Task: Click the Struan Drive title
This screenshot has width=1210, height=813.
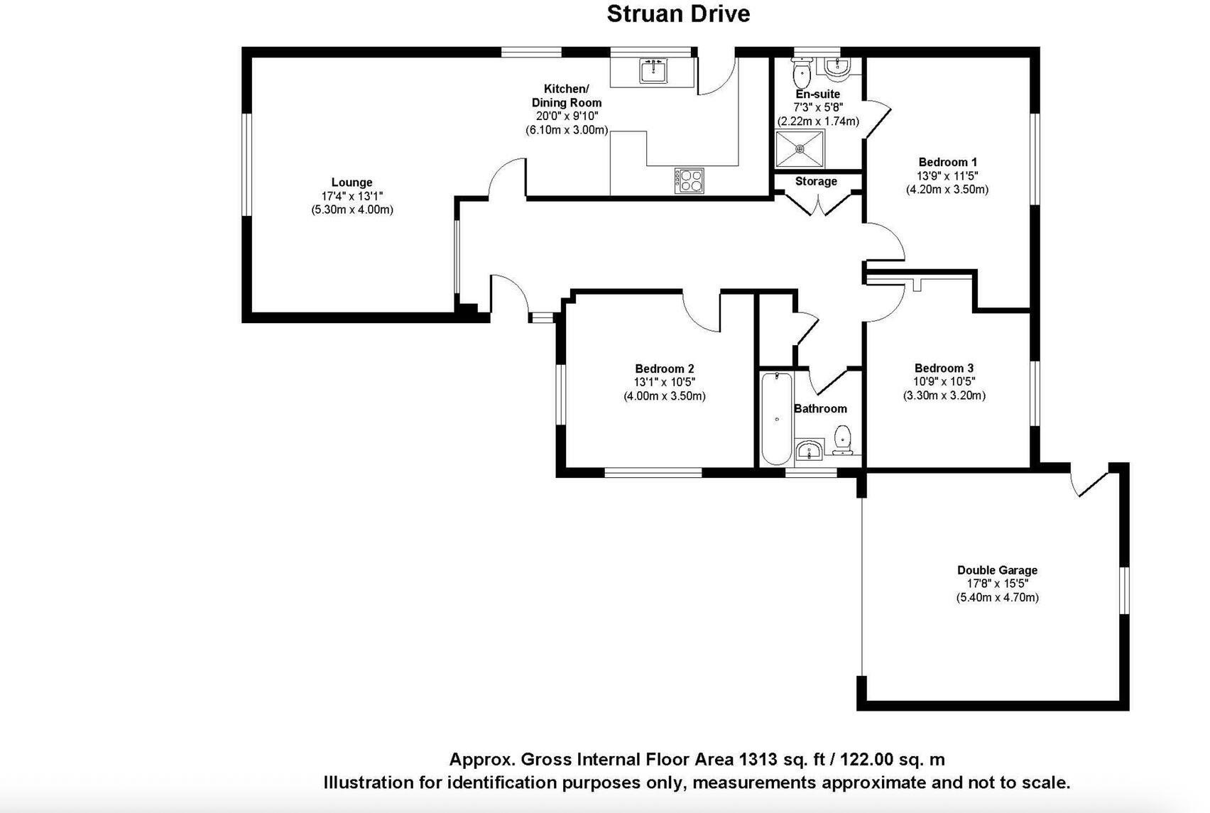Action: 678,14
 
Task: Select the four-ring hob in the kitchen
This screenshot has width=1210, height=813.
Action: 689,180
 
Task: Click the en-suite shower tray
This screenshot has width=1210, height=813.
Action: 800,149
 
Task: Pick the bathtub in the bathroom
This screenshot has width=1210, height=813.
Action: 777,419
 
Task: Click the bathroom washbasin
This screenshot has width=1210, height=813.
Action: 808,450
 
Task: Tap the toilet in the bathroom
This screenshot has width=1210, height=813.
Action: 843,439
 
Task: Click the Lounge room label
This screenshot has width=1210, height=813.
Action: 351,182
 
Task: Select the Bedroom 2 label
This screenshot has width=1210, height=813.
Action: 664,369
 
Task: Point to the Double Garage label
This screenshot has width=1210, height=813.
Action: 997,570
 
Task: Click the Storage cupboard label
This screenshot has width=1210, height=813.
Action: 816,182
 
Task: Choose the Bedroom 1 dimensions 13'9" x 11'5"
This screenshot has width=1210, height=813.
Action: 947,175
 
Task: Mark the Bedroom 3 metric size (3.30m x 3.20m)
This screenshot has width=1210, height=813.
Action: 944,395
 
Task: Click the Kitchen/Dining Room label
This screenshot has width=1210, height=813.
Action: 566,96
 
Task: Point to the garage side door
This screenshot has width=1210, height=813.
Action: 1090,483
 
